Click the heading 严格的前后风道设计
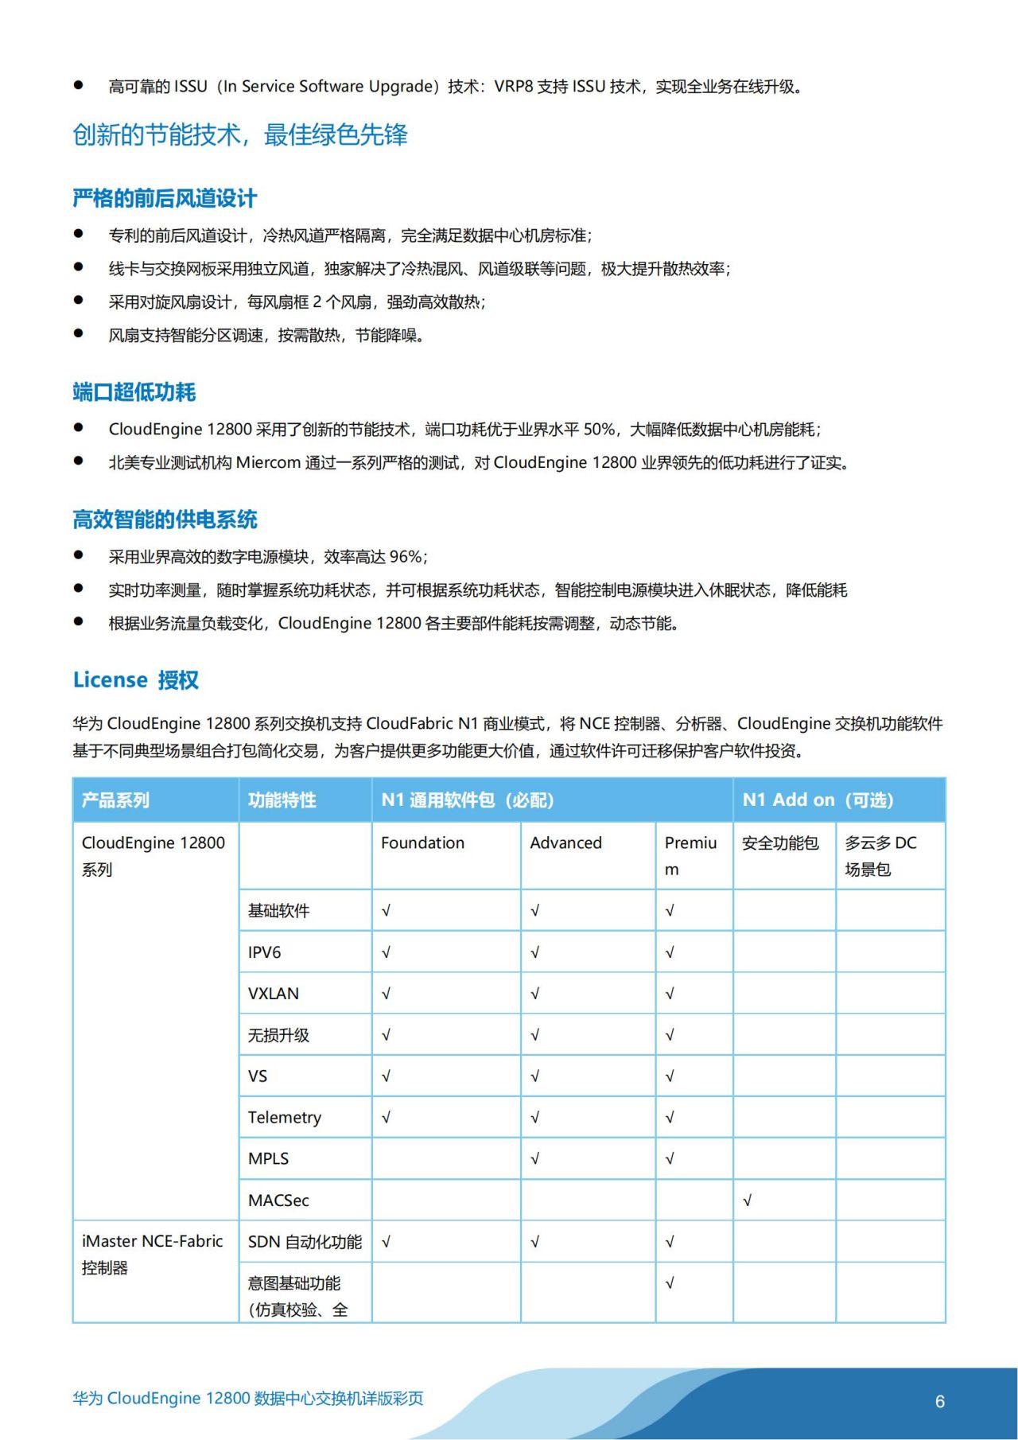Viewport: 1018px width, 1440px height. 165,198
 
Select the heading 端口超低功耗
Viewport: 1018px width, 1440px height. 134,391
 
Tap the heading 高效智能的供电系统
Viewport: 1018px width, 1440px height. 165,520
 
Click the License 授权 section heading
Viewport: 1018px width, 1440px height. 135,680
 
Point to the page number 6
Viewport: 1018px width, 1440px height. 939,1401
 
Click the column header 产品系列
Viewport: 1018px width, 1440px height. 115,800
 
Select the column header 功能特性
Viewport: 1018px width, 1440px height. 282,800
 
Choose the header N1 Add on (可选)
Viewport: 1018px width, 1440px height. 818,800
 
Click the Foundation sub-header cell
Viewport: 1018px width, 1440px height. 422,843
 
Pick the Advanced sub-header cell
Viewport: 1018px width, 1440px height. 565,843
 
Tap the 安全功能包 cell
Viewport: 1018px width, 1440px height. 779,843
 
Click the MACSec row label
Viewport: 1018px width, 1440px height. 278,1200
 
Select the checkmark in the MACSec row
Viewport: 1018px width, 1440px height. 747,1201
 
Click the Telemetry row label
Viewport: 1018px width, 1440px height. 284,1117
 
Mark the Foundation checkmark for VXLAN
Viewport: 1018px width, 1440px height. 386,994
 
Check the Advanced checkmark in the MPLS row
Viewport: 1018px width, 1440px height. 534,1159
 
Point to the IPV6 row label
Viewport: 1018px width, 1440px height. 264,952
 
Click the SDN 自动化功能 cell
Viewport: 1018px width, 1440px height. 305,1242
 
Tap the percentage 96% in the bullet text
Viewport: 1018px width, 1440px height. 406,557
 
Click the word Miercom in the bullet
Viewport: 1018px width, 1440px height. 268,463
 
